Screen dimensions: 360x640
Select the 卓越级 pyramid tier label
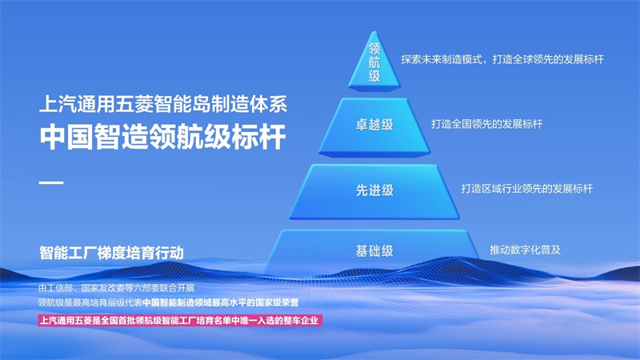pyautogui.click(x=374, y=125)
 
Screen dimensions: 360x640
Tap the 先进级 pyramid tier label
pyautogui.click(x=374, y=190)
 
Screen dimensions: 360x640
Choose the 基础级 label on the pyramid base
pyautogui.click(x=374, y=250)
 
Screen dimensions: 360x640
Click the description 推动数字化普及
pyautogui.click(x=525, y=250)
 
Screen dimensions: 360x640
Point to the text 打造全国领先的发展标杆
pyautogui.click(x=486, y=125)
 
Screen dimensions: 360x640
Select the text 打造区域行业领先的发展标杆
pyautogui.click(x=526, y=189)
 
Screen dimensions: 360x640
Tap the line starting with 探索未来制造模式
pyautogui.click(x=503, y=59)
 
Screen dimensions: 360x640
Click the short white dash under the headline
pyautogui.click(x=51, y=183)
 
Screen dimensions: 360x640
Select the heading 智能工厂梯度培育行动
pyautogui.click(x=111, y=253)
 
